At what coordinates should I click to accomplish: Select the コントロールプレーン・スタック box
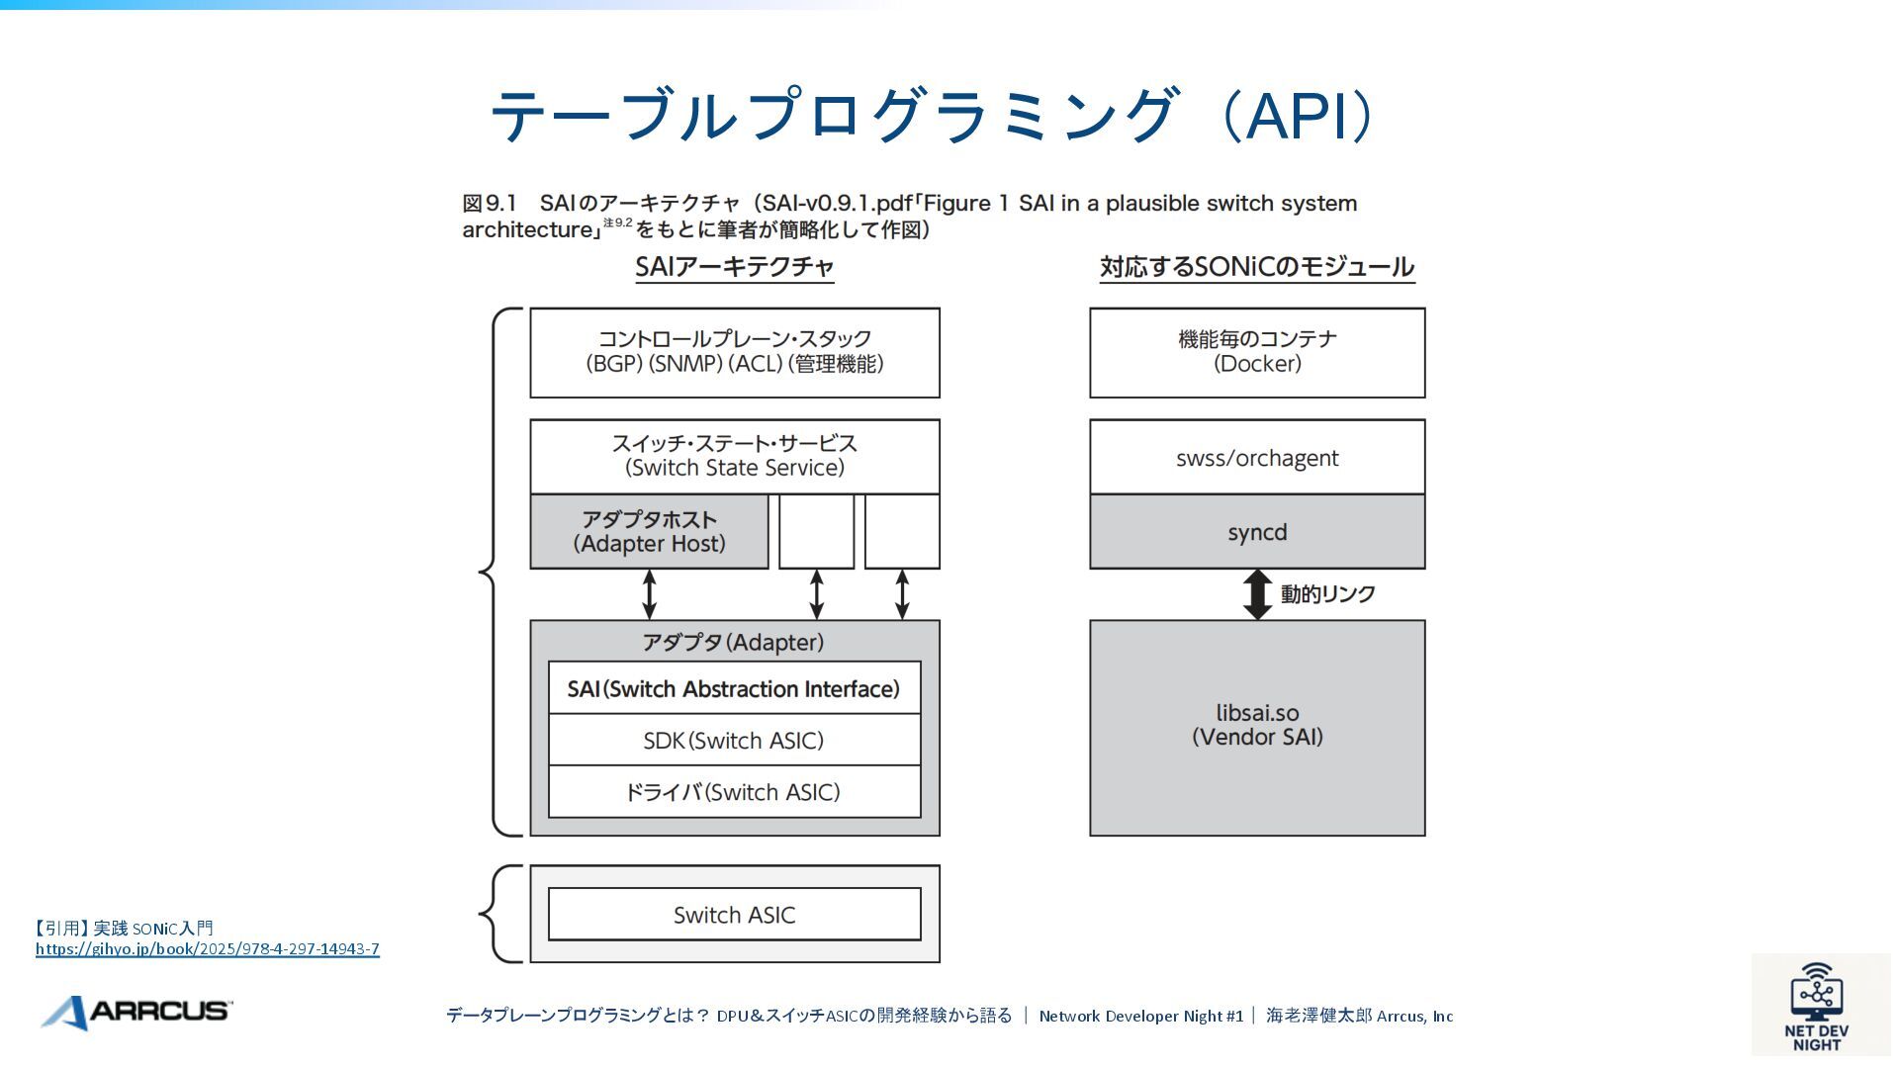tap(735, 353)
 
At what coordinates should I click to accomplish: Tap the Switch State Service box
tap(735, 457)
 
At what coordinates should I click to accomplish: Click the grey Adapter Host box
tap(649, 532)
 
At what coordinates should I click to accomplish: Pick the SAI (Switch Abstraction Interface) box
tap(734, 688)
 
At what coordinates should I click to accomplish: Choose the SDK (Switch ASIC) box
tap(734, 740)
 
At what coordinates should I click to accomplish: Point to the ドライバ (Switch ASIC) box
tap(734, 792)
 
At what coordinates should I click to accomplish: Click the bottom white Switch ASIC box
tap(734, 915)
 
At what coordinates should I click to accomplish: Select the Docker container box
tap(1257, 353)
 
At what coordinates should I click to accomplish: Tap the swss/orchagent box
tap(1257, 457)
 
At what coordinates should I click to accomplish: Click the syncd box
tap(1257, 532)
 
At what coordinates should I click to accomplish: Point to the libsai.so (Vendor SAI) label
tap(1257, 725)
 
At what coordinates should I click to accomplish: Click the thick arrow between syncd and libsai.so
tap(1257, 594)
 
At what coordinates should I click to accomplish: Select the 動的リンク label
tap(1328, 594)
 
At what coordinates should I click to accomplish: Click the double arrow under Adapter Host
tap(649, 594)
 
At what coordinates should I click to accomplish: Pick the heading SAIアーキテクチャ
tap(735, 267)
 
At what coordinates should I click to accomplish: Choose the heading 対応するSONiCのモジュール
tap(1257, 267)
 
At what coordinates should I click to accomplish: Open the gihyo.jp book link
tap(208, 949)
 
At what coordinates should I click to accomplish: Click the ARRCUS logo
tap(136, 1012)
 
